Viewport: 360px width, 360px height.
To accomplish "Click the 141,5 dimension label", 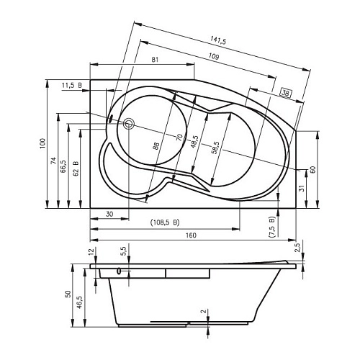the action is (x=218, y=40).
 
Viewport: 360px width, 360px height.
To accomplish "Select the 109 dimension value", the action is (x=214, y=57).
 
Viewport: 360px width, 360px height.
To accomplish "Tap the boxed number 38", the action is (x=286, y=93).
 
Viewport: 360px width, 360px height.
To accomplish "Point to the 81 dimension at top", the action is (x=156, y=60).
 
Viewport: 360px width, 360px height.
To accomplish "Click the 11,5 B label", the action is (x=72, y=85).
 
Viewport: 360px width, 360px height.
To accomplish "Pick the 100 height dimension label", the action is (x=42, y=143).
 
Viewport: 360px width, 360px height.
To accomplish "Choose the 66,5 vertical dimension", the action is (x=63, y=166).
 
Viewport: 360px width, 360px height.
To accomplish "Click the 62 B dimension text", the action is (x=76, y=168).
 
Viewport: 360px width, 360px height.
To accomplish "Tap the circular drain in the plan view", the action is (x=129, y=124).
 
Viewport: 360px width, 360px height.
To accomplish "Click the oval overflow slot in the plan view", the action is (x=111, y=119).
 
